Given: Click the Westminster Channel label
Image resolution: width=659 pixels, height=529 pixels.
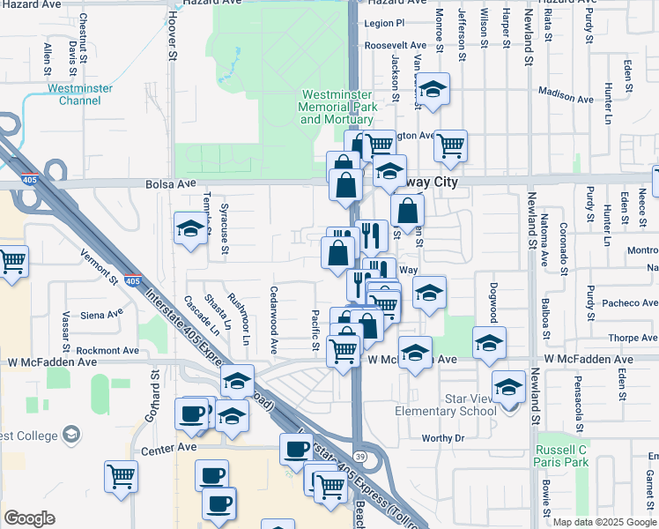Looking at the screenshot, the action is [80, 94].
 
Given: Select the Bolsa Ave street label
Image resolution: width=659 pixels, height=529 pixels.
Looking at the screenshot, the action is [170, 184].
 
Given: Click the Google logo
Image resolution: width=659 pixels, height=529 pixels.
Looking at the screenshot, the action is [29, 518].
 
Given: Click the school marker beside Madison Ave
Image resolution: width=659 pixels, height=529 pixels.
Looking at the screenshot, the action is [433, 90].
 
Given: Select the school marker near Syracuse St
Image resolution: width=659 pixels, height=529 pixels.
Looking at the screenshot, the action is [190, 230].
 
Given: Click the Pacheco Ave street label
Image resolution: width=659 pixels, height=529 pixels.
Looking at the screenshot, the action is [629, 303].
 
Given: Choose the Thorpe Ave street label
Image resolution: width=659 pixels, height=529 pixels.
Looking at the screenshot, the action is [633, 338].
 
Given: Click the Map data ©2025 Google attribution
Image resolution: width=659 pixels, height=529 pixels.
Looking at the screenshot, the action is [605, 522].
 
